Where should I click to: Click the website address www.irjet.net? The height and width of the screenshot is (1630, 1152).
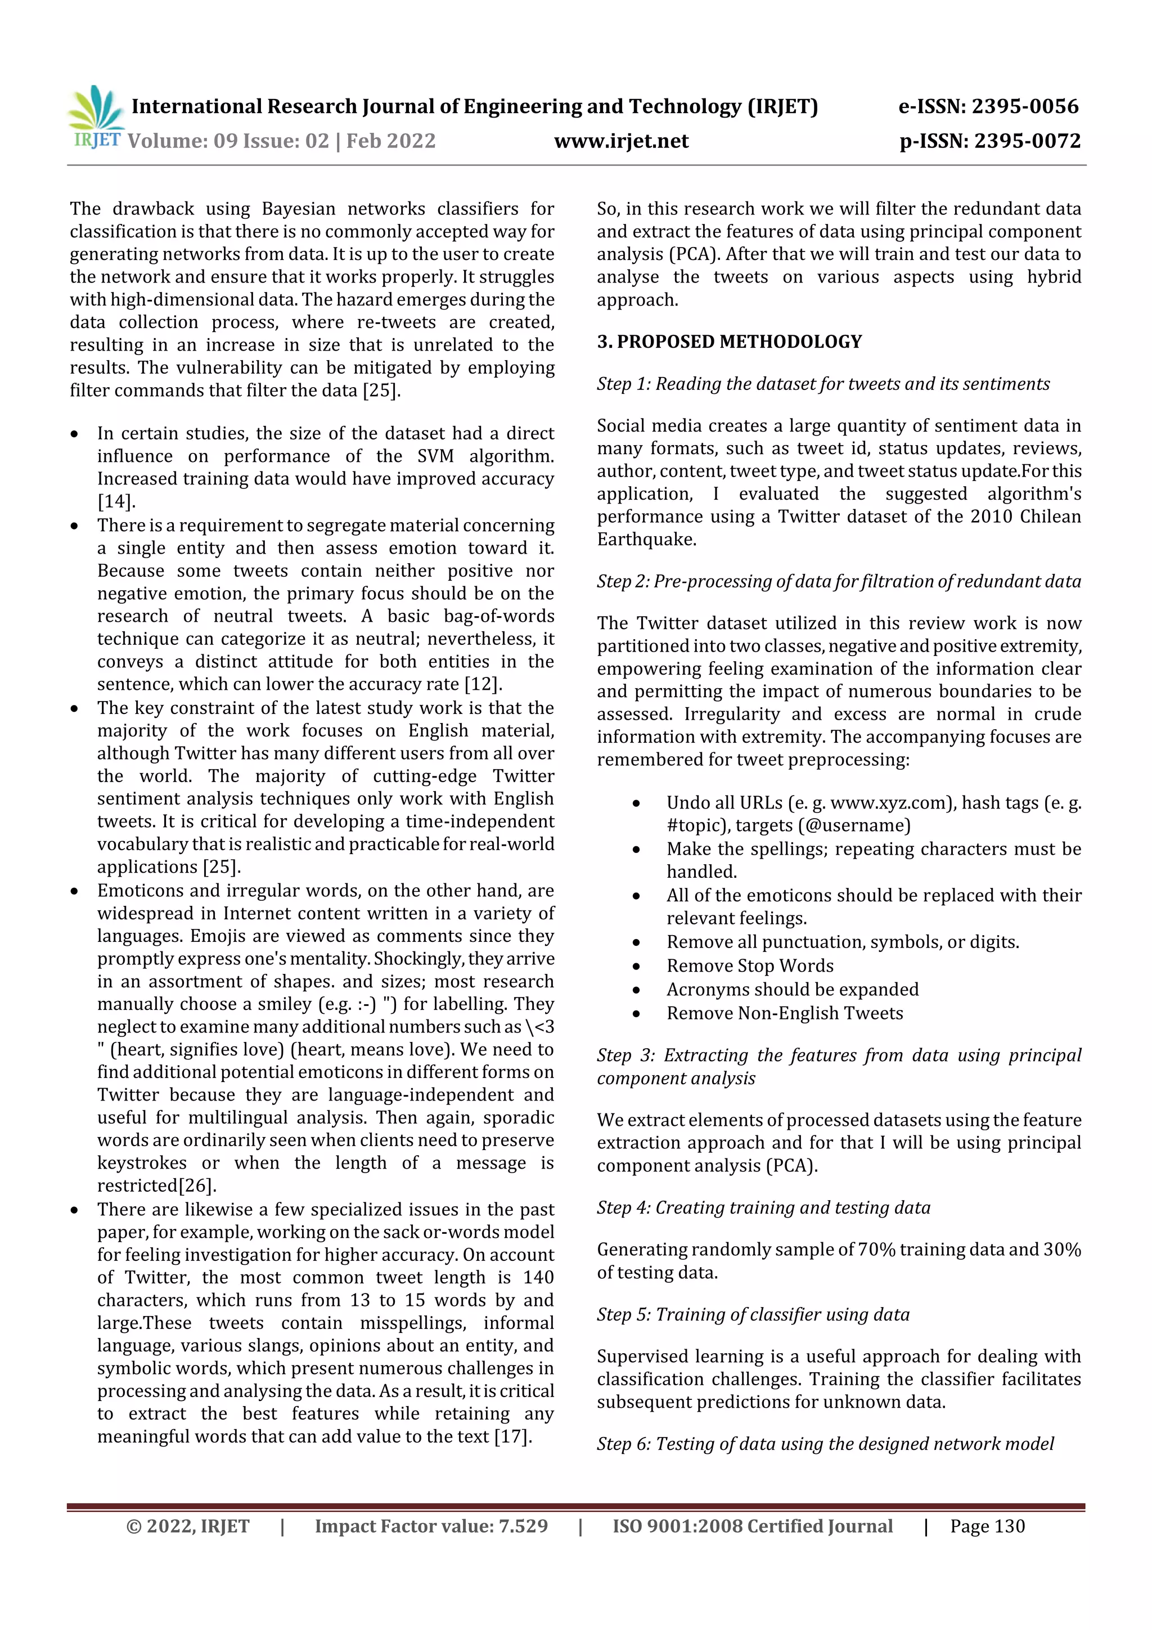pyautogui.click(x=621, y=141)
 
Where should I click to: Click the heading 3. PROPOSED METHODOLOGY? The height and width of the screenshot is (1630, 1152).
pyautogui.click(x=729, y=342)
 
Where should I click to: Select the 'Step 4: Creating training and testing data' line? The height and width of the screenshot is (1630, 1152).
pyautogui.click(x=763, y=1207)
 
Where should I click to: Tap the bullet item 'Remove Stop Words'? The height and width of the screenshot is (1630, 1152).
pyautogui.click(x=750, y=966)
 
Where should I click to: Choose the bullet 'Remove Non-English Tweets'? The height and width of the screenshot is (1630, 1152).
pyautogui.click(x=784, y=1013)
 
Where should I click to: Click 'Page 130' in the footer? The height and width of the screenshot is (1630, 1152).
pyautogui.click(x=987, y=1526)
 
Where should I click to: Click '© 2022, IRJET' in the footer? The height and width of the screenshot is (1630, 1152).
pyautogui.click(x=187, y=1526)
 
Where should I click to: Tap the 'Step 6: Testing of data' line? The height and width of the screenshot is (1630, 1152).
pyautogui.click(x=825, y=1444)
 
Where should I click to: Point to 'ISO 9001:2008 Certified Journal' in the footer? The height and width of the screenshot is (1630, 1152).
pyautogui.click(x=753, y=1526)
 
